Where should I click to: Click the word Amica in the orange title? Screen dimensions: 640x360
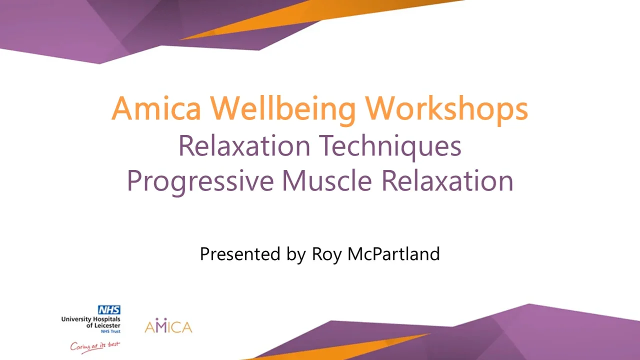pyautogui.click(x=156, y=108)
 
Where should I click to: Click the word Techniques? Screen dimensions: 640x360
pyautogui.click(x=390, y=146)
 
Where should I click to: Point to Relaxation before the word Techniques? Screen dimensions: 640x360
pyautogui.click(x=244, y=145)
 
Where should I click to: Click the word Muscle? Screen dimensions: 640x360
pyautogui.click(x=327, y=180)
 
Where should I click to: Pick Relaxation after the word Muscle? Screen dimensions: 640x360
pyautogui.click(x=447, y=180)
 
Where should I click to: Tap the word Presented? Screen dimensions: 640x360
pyautogui.click(x=240, y=253)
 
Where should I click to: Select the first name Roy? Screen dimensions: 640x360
pyautogui.click(x=326, y=255)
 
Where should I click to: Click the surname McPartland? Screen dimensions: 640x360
pyautogui.click(x=393, y=253)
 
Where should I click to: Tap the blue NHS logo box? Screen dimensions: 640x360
pyautogui.click(x=109, y=309)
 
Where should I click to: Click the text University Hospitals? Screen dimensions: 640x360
pyautogui.click(x=91, y=319)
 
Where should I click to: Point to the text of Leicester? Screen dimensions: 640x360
pyautogui.click(x=103, y=325)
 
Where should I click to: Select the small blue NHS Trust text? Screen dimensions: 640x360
pyautogui.click(x=111, y=331)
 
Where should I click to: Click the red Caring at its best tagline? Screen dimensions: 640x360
pyautogui.click(x=95, y=347)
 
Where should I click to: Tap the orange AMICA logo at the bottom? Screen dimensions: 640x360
pyautogui.click(x=168, y=325)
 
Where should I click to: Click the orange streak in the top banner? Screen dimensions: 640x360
pyautogui.click(x=320, y=17)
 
